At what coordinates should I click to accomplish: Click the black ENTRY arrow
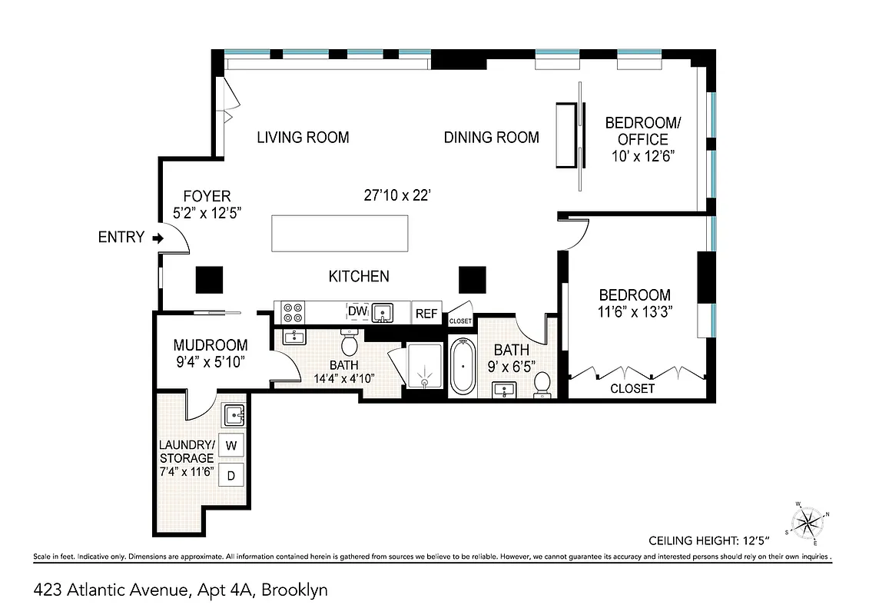pyautogui.click(x=158, y=238)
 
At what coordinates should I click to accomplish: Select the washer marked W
pyautogui.click(x=231, y=445)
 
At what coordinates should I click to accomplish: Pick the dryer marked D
pyautogui.click(x=231, y=475)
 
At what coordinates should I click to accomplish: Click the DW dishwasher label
pyautogui.click(x=357, y=311)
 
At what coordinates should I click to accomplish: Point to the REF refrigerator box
pyautogui.click(x=426, y=313)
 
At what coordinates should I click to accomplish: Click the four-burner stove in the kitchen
pyautogui.click(x=293, y=312)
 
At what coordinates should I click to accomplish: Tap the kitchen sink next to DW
pyautogui.click(x=382, y=312)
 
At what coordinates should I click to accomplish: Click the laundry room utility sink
pyautogui.click(x=234, y=416)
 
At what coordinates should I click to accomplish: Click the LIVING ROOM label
pyautogui.click(x=303, y=138)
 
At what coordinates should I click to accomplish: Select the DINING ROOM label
pyautogui.click(x=491, y=138)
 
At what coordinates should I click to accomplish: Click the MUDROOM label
pyautogui.click(x=210, y=345)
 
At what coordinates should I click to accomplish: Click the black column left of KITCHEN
pyautogui.click(x=209, y=280)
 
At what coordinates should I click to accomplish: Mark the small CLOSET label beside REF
pyautogui.click(x=459, y=321)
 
